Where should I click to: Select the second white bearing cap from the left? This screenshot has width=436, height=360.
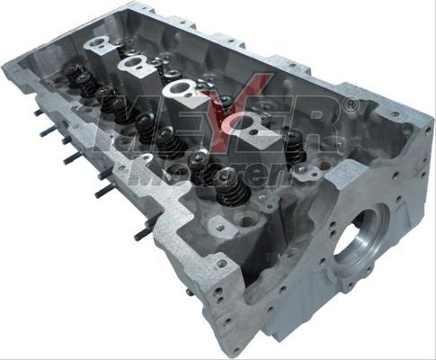(138, 64)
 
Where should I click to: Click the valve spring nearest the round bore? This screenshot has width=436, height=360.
(295, 143)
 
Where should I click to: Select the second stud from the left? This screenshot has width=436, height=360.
(48, 131)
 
